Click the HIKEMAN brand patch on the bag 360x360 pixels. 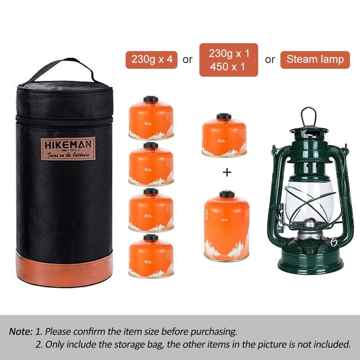click(68, 148)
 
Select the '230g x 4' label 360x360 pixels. click(151, 60)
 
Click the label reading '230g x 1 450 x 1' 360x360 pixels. click(229, 60)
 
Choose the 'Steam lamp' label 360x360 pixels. click(315, 60)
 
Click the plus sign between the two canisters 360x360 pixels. click(227, 172)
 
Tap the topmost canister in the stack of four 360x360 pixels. click(151, 119)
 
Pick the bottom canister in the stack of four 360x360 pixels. click(151, 257)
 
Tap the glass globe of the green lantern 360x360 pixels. click(310, 202)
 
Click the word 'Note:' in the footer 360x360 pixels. click(21, 331)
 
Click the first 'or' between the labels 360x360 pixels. click(188, 60)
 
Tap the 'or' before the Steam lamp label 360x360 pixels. click(270, 60)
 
